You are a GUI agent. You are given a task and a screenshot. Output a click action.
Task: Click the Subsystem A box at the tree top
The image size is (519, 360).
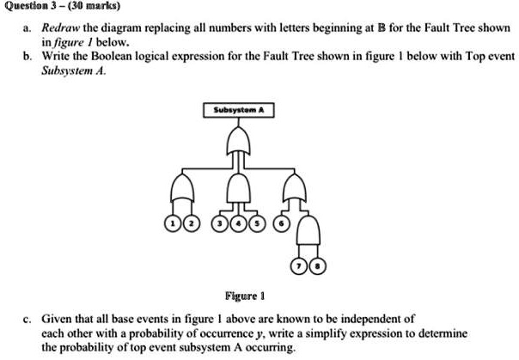239,110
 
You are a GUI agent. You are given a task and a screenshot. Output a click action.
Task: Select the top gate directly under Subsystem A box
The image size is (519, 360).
238,141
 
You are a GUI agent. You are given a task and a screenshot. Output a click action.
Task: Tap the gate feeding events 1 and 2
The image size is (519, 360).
182,187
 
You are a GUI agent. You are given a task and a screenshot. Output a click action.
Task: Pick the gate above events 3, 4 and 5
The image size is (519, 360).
238,188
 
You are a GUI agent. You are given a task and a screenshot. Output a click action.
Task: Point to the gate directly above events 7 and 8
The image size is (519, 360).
308,230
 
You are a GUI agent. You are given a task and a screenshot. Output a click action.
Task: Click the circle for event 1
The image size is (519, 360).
173,223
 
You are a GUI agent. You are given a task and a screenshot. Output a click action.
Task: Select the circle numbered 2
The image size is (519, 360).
192,223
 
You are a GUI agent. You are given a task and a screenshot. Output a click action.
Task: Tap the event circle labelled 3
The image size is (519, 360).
220,223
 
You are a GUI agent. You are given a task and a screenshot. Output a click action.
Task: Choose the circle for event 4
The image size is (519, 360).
238,223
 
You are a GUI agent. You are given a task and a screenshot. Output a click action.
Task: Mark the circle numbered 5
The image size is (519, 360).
257,223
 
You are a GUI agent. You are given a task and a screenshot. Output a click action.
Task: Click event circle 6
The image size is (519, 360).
281,223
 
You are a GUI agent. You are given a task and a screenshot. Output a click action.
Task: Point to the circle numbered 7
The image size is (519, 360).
299,266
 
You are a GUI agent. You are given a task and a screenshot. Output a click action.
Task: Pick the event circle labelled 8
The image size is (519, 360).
318,266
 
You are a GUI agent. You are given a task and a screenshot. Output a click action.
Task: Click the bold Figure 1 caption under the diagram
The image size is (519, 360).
245,296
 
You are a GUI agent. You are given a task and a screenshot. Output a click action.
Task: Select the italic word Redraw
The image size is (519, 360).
61,27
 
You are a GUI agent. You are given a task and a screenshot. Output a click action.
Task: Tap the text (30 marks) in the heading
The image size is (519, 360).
94,6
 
